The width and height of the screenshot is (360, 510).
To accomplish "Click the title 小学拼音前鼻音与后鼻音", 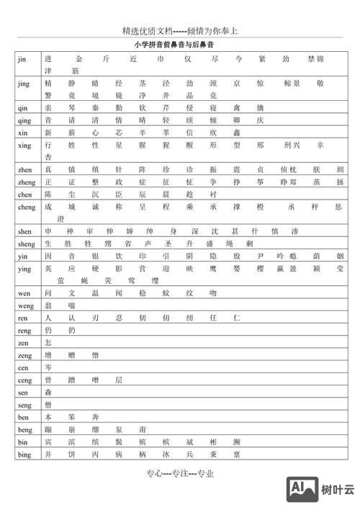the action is [x=180, y=45].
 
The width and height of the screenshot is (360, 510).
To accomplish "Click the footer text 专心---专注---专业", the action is [x=180, y=473].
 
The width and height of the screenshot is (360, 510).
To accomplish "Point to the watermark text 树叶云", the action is [x=338, y=490].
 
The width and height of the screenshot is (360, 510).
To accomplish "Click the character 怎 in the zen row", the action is [x=48, y=343].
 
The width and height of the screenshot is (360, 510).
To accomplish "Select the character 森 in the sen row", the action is [x=48, y=393].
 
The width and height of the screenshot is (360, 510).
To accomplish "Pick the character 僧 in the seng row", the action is [x=48, y=405].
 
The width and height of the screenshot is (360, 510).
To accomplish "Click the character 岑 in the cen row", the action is [x=48, y=367].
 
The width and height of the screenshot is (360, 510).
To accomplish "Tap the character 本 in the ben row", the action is [x=48, y=417].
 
